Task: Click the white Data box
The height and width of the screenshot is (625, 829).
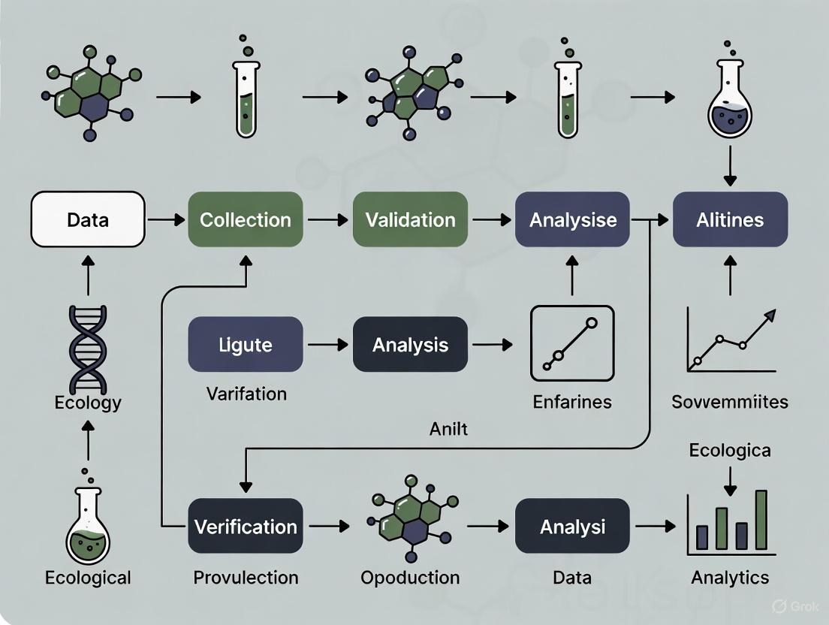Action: click(x=88, y=219)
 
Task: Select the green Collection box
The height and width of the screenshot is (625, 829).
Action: click(x=246, y=219)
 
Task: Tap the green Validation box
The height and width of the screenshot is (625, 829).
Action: click(x=410, y=219)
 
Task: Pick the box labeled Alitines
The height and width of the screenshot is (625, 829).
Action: click(x=730, y=219)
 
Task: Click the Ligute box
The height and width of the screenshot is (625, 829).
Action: click(x=246, y=345)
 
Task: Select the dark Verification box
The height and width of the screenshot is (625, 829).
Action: click(x=246, y=526)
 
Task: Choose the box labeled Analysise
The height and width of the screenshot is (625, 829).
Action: click(x=573, y=219)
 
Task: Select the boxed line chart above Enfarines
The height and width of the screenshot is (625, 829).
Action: click(x=572, y=343)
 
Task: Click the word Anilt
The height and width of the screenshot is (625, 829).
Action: click(x=448, y=428)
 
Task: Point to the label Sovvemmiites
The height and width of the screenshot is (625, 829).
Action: click(x=730, y=402)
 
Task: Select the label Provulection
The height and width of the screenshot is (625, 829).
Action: click(x=246, y=578)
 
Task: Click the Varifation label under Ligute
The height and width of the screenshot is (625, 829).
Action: click(x=246, y=394)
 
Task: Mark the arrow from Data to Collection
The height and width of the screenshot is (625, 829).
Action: click(x=166, y=219)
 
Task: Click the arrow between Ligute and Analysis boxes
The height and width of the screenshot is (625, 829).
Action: click(x=327, y=345)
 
